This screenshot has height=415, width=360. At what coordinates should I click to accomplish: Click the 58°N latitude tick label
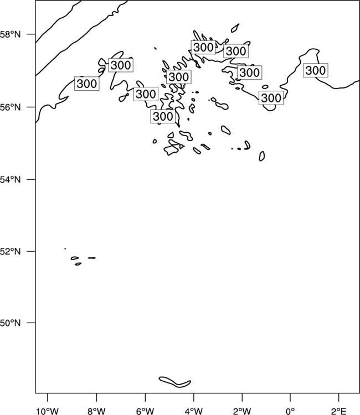click(11, 34)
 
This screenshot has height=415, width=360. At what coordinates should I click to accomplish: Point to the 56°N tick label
click(11, 107)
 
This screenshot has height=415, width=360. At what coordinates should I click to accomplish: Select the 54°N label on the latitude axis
click(11, 180)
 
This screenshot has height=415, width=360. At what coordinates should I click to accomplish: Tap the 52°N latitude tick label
click(11, 251)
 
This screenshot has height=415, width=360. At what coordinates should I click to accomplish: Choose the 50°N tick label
click(11, 323)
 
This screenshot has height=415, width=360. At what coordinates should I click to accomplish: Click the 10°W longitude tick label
click(48, 411)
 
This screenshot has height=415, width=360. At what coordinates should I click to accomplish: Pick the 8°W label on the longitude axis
click(96, 411)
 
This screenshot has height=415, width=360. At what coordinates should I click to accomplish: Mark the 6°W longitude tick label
click(145, 411)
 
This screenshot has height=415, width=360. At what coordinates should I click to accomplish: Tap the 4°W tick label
click(194, 411)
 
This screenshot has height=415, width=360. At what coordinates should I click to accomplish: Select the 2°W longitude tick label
click(242, 411)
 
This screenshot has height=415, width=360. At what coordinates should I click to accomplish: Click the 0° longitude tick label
click(290, 411)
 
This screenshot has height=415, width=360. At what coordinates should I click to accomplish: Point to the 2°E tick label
click(339, 411)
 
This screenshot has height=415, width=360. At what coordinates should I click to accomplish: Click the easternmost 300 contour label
click(316, 70)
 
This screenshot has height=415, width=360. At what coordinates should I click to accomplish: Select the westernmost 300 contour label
click(87, 84)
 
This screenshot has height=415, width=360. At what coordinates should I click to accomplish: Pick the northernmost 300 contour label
click(203, 48)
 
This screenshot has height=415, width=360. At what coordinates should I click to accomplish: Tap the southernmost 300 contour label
click(163, 116)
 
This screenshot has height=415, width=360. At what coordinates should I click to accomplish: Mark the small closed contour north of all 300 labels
click(235, 28)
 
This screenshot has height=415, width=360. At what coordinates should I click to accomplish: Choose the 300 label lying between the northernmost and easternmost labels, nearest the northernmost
click(236, 51)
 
